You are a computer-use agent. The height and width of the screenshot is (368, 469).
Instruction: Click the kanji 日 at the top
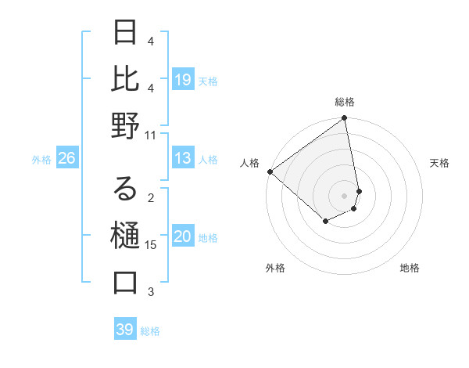click(x=125, y=32)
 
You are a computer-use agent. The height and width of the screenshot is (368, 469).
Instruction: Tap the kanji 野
click(x=125, y=126)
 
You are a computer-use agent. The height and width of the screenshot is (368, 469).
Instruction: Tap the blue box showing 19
click(x=183, y=80)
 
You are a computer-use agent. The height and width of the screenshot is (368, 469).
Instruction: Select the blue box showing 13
click(x=183, y=159)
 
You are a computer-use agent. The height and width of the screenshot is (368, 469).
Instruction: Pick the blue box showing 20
click(x=183, y=237)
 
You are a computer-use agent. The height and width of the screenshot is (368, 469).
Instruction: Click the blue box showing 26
click(x=66, y=159)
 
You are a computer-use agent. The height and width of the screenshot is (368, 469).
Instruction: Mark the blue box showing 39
click(x=124, y=330)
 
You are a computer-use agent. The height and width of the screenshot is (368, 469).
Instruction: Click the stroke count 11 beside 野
click(x=151, y=135)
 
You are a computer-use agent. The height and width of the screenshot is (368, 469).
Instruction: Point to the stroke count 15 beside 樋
click(x=151, y=245)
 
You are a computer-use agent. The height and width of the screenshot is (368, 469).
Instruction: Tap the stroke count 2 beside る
click(x=151, y=198)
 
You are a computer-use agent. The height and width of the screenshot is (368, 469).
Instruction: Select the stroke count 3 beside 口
click(x=151, y=292)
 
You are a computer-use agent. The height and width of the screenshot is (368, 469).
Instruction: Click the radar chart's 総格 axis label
click(x=345, y=102)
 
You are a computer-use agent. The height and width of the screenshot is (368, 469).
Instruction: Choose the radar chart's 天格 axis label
click(x=440, y=163)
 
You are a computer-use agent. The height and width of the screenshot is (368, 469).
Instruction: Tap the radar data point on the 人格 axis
click(x=270, y=171)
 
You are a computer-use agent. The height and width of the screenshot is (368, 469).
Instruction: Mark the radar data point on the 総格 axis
click(x=345, y=119)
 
